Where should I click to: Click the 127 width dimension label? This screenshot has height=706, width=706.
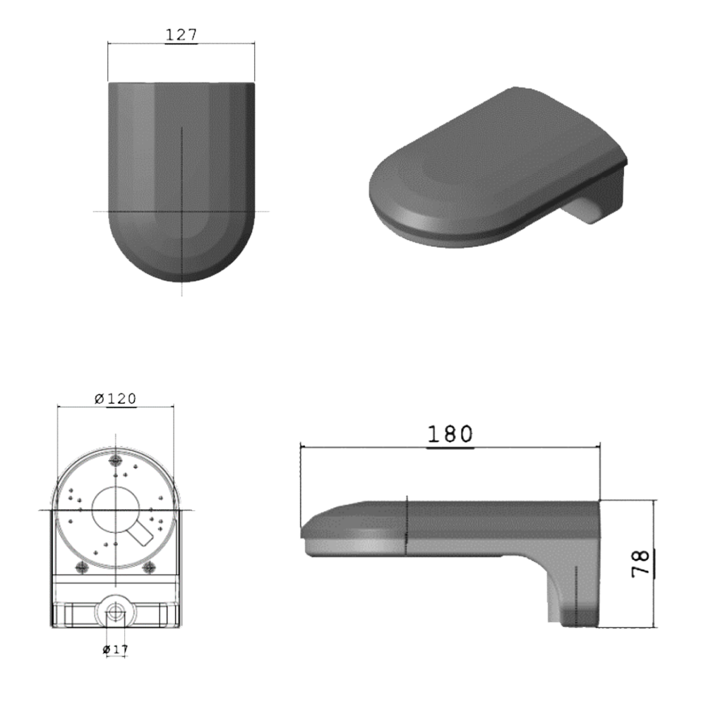click(x=181, y=35)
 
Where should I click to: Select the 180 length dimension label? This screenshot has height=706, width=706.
click(x=450, y=434)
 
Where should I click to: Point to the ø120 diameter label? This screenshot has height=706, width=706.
click(x=115, y=399)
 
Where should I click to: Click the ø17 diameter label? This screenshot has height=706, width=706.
click(x=114, y=648)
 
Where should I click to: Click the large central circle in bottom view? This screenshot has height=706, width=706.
click(x=115, y=508)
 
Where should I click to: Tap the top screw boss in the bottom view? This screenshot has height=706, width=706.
click(x=115, y=460)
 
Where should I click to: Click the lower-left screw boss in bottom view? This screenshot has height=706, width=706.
click(x=81, y=567)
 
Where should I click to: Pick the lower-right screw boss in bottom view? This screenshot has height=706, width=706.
click(x=149, y=567)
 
